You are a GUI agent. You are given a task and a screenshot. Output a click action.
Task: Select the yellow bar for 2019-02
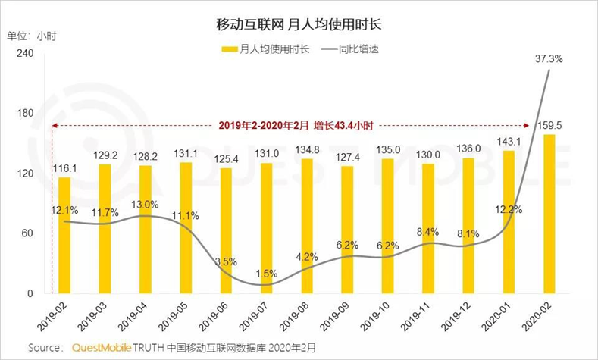tap(64, 235)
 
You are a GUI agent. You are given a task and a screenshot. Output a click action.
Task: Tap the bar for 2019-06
tap(226, 230)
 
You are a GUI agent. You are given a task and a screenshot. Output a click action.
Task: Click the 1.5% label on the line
tap(266, 273)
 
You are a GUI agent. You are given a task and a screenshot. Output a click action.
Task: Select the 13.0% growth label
tap(145, 204)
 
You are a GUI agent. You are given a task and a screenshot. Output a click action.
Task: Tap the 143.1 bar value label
tap(509, 142)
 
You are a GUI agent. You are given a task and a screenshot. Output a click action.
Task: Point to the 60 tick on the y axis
tap(27, 233)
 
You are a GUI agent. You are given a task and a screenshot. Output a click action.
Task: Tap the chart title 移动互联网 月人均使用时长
tap(299, 24)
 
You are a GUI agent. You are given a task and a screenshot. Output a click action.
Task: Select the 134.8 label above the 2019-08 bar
tap(306, 149)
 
